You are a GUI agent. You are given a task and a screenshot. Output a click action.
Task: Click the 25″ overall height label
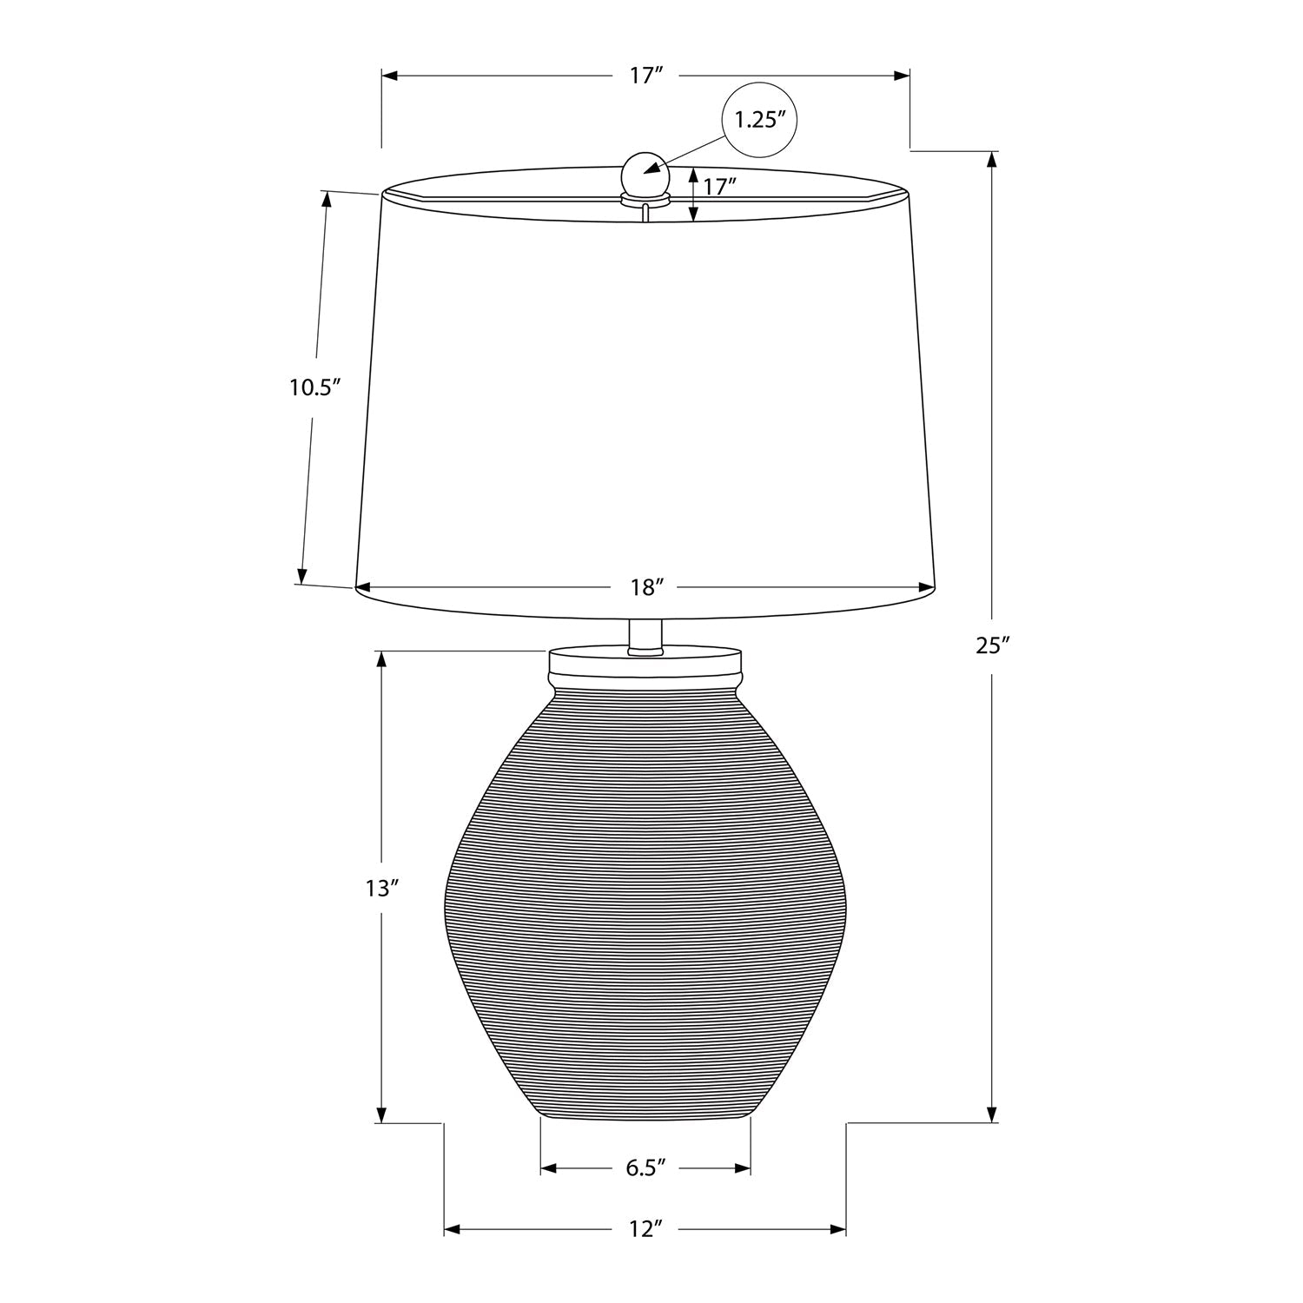pos(994,645)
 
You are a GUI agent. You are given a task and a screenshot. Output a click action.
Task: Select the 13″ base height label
pos(381,888)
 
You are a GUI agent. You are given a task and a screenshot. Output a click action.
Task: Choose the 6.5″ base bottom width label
pos(645,1167)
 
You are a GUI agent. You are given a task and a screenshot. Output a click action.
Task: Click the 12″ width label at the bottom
pos(645,1229)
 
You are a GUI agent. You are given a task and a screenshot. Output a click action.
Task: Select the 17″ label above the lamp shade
pos(646,76)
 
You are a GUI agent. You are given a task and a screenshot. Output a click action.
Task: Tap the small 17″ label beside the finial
pos(720,186)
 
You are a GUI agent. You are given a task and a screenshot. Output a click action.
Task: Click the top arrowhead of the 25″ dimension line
pos(993,160)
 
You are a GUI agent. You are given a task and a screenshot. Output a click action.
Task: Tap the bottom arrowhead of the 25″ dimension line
pos(993,1114)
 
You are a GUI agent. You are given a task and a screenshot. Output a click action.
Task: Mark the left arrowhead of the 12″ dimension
pos(453,1229)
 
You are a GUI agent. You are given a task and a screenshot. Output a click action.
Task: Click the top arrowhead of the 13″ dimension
pos(380,658)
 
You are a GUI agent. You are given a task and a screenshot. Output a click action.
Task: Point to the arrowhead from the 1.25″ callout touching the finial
pos(650,169)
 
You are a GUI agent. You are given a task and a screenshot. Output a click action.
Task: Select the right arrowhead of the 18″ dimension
pos(926,588)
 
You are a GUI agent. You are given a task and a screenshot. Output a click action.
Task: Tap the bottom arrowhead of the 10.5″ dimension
pos(302,576)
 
